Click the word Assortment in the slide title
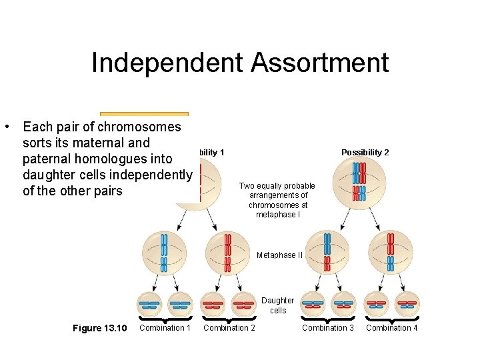coord(320,63)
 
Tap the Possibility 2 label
coord(365,153)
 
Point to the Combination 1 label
coord(165,327)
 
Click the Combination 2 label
coord(229,327)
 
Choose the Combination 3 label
coord(328,327)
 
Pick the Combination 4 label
coord(392,327)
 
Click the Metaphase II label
coord(279,255)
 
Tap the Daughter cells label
coord(277,305)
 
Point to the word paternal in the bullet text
coord(48,159)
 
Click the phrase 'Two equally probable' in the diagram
coord(277,186)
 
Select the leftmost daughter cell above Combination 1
coord(149,305)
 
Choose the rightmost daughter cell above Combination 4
coord(407,305)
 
